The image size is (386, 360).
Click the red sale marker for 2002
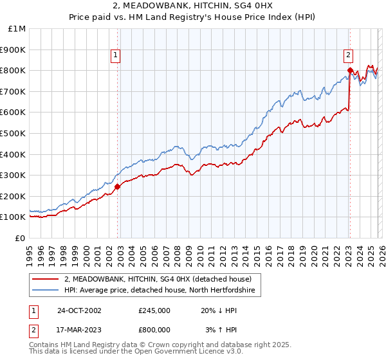(118, 186)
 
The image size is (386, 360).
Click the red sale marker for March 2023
(349, 70)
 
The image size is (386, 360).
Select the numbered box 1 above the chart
(115, 56)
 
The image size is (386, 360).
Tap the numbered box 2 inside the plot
(347, 56)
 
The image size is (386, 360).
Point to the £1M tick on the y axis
(17, 28)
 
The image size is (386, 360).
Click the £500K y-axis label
(14, 133)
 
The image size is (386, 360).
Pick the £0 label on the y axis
(20, 238)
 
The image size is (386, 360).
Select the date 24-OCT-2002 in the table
(78, 310)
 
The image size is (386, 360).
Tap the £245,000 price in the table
(154, 310)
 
